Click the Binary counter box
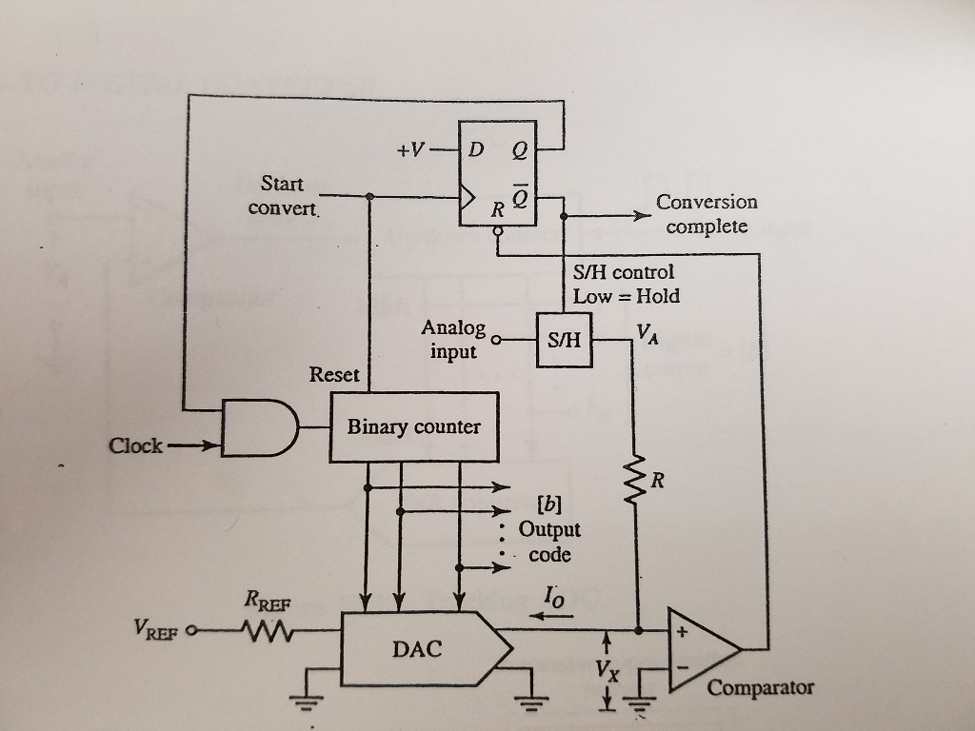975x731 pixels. tap(413, 427)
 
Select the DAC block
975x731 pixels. tap(417, 649)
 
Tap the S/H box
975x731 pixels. tap(564, 340)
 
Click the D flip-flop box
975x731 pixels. tap(497, 173)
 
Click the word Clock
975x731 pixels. tap(135, 445)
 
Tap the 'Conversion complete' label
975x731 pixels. tap(706, 214)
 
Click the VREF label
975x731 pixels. tap(158, 629)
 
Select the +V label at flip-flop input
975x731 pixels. tap(411, 149)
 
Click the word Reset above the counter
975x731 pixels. tap(334, 375)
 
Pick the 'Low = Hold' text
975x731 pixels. tap(626, 296)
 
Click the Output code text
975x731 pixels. tap(549, 542)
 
